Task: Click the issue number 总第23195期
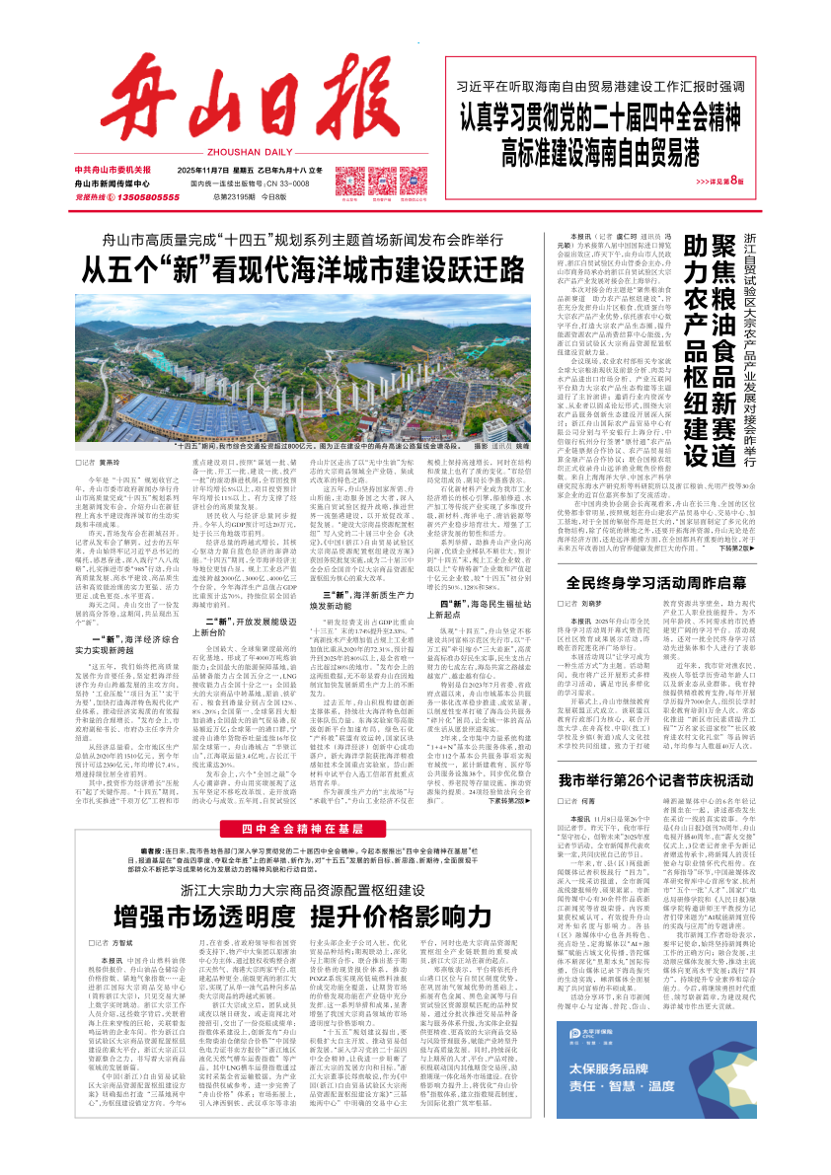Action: [x=235, y=197]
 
